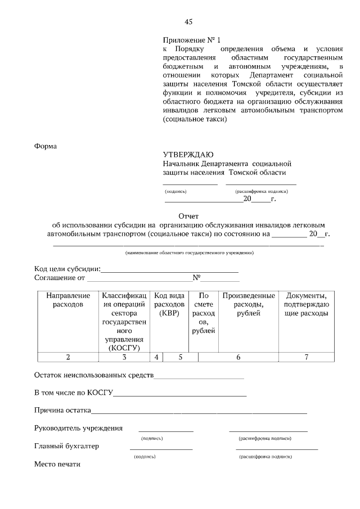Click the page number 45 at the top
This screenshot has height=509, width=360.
pos(188,22)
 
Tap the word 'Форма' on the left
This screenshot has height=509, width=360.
pos(46,146)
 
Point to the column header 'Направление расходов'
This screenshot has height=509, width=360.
pos(67,300)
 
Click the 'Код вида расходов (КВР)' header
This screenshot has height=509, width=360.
pos(169,304)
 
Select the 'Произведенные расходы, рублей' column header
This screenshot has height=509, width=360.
pos(249,304)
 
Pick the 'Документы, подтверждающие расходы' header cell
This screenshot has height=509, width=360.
pos(306,304)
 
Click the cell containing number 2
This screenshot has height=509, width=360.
pos(67,357)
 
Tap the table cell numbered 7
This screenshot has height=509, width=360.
pos(306,357)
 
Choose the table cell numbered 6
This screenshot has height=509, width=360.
pos(238,357)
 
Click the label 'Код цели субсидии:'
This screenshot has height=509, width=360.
pos(67,268)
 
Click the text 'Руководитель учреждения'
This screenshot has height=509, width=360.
pos(78,428)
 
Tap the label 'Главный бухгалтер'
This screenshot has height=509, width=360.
pos(66,446)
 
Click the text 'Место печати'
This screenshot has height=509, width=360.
pos(57,464)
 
